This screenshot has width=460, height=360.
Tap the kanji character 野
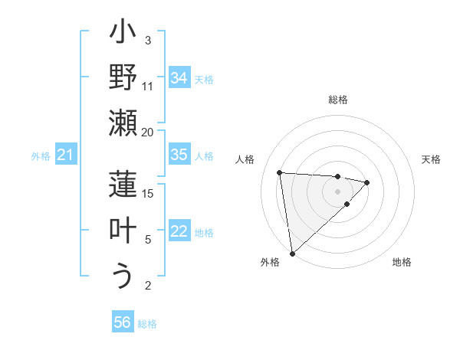[x=123, y=77]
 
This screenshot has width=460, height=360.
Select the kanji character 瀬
[x=123, y=123]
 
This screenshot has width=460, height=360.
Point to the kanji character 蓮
[x=123, y=185]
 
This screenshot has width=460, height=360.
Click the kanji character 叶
[x=123, y=231]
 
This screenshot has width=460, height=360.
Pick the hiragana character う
[x=123, y=277]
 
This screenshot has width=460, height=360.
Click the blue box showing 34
[x=179, y=78]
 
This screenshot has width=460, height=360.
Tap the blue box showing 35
[x=179, y=155]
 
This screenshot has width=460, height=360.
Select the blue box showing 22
[x=179, y=231]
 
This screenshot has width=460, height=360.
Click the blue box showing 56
[x=123, y=322]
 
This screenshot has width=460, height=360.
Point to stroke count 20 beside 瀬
[x=147, y=131]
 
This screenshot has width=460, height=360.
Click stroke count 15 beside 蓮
[x=147, y=193]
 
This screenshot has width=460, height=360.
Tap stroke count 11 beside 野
[x=147, y=86]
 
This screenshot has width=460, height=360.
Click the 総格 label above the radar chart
[x=337, y=100]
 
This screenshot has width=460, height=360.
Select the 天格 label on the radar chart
[x=431, y=159]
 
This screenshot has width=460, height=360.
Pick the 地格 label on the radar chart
[x=402, y=262]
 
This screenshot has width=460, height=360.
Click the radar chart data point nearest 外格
[x=292, y=253]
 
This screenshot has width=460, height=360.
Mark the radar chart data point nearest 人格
[x=280, y=172]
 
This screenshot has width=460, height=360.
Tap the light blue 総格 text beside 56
[x=147, y=324]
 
